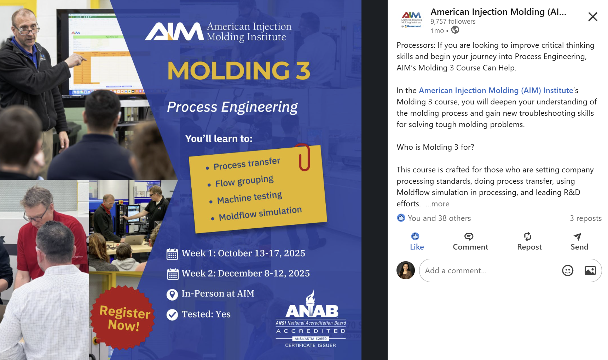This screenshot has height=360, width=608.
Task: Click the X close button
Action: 592,17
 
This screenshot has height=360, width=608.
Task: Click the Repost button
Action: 529,241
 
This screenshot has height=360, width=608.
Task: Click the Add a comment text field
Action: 488,270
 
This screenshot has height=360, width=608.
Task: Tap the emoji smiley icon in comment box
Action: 568,270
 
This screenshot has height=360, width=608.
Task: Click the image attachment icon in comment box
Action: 590,270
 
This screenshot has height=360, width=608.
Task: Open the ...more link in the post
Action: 437,204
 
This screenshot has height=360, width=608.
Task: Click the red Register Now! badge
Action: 123,318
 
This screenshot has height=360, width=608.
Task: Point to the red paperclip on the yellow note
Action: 304,157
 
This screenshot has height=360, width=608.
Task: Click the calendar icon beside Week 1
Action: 172,254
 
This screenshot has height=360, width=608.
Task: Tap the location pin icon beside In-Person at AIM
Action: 172,295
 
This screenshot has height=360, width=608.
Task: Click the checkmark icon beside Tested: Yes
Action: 172,315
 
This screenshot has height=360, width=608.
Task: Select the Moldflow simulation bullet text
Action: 260,213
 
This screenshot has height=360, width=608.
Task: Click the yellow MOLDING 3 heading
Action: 239,70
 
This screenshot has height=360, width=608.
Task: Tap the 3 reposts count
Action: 586,218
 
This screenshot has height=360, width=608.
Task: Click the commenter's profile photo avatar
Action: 406,270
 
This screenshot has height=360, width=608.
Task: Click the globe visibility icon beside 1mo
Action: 455,30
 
